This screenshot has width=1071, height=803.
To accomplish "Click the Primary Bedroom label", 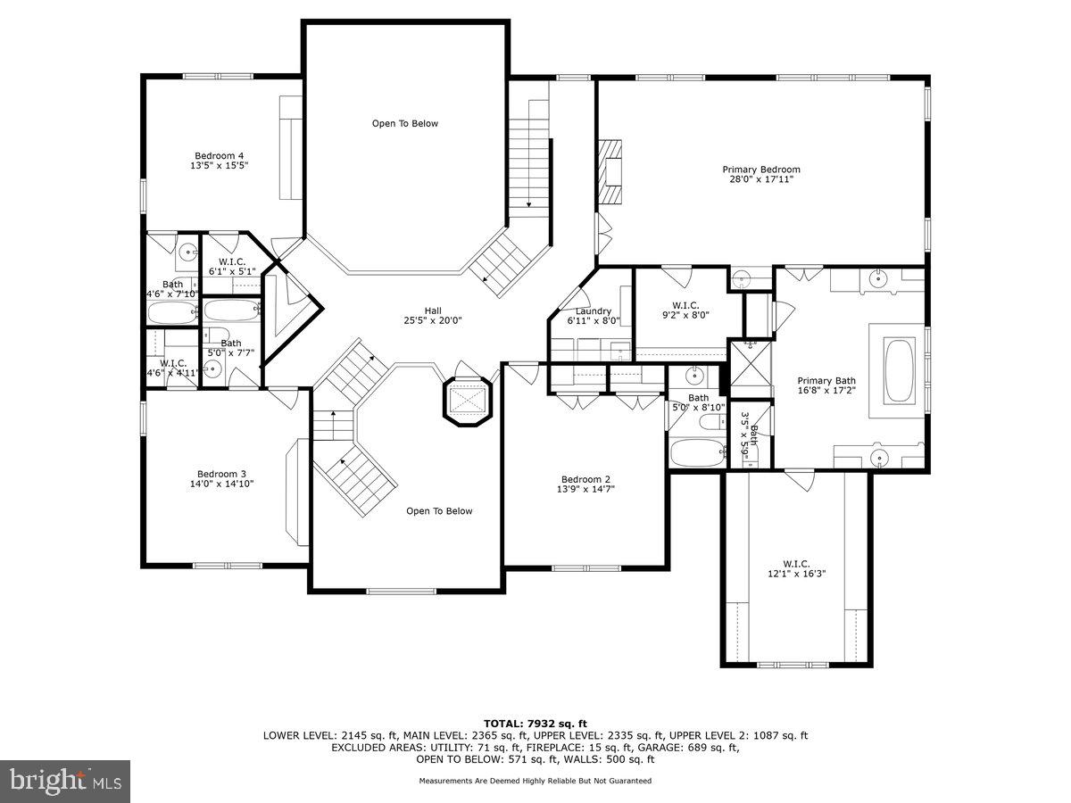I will (760, 170).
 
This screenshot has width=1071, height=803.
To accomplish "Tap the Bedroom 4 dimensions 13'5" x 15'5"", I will (219, 166).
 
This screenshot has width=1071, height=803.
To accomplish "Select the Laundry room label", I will (593, 311).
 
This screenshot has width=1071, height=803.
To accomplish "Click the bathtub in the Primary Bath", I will (898, 369).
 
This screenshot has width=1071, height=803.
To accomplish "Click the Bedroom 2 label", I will (585, 479).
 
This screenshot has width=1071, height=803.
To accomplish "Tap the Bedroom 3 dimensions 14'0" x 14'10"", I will (221, 484).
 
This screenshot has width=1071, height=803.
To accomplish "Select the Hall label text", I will (432, 310).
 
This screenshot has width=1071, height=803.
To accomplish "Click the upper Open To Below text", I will (405, 123).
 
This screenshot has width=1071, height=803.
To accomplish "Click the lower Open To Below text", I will (439, 511).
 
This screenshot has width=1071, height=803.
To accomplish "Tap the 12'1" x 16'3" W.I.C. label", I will (795, 568).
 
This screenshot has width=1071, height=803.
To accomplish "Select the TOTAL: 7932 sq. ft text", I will (535, 723).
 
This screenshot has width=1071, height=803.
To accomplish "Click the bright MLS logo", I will (65, 781).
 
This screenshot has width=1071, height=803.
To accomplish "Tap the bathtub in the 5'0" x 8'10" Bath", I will (698, 452).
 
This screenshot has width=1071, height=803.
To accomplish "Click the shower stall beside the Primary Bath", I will (751, 368).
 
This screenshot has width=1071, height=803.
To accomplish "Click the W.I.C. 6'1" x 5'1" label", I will (232, 266).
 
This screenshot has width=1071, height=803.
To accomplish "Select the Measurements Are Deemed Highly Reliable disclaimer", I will (535, 781).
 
